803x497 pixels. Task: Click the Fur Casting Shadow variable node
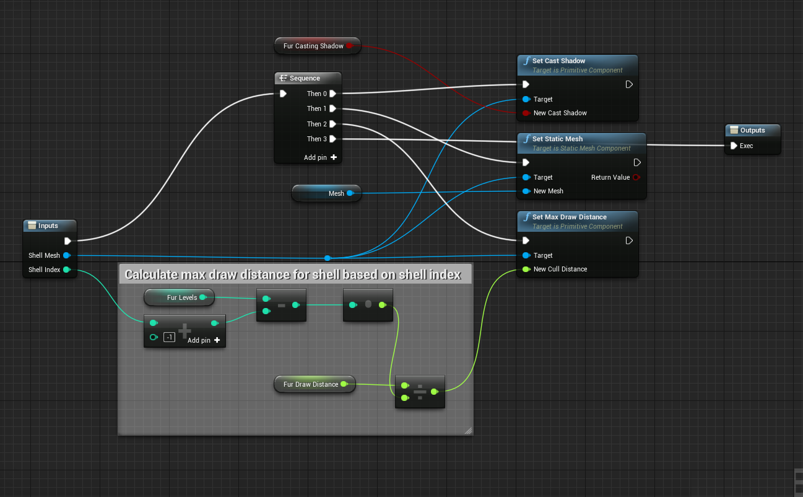313,46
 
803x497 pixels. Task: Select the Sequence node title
305,78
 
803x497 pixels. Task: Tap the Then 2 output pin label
316,124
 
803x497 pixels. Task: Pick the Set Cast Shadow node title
558,61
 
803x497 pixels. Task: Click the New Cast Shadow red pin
526,113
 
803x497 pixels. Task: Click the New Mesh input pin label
548,191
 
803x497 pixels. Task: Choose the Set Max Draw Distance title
569,217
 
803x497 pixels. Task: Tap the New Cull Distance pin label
560,269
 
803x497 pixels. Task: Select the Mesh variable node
336,193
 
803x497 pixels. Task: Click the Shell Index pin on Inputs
66,270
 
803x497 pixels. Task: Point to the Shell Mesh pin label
44,255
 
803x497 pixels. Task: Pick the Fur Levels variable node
181,297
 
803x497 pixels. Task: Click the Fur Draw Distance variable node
311,384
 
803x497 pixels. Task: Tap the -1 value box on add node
169,337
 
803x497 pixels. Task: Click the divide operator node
420,392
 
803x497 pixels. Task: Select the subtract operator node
281,305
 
